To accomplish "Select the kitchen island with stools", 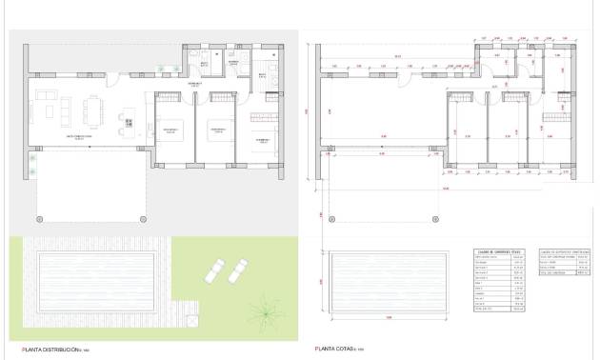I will tap(127, 120).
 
